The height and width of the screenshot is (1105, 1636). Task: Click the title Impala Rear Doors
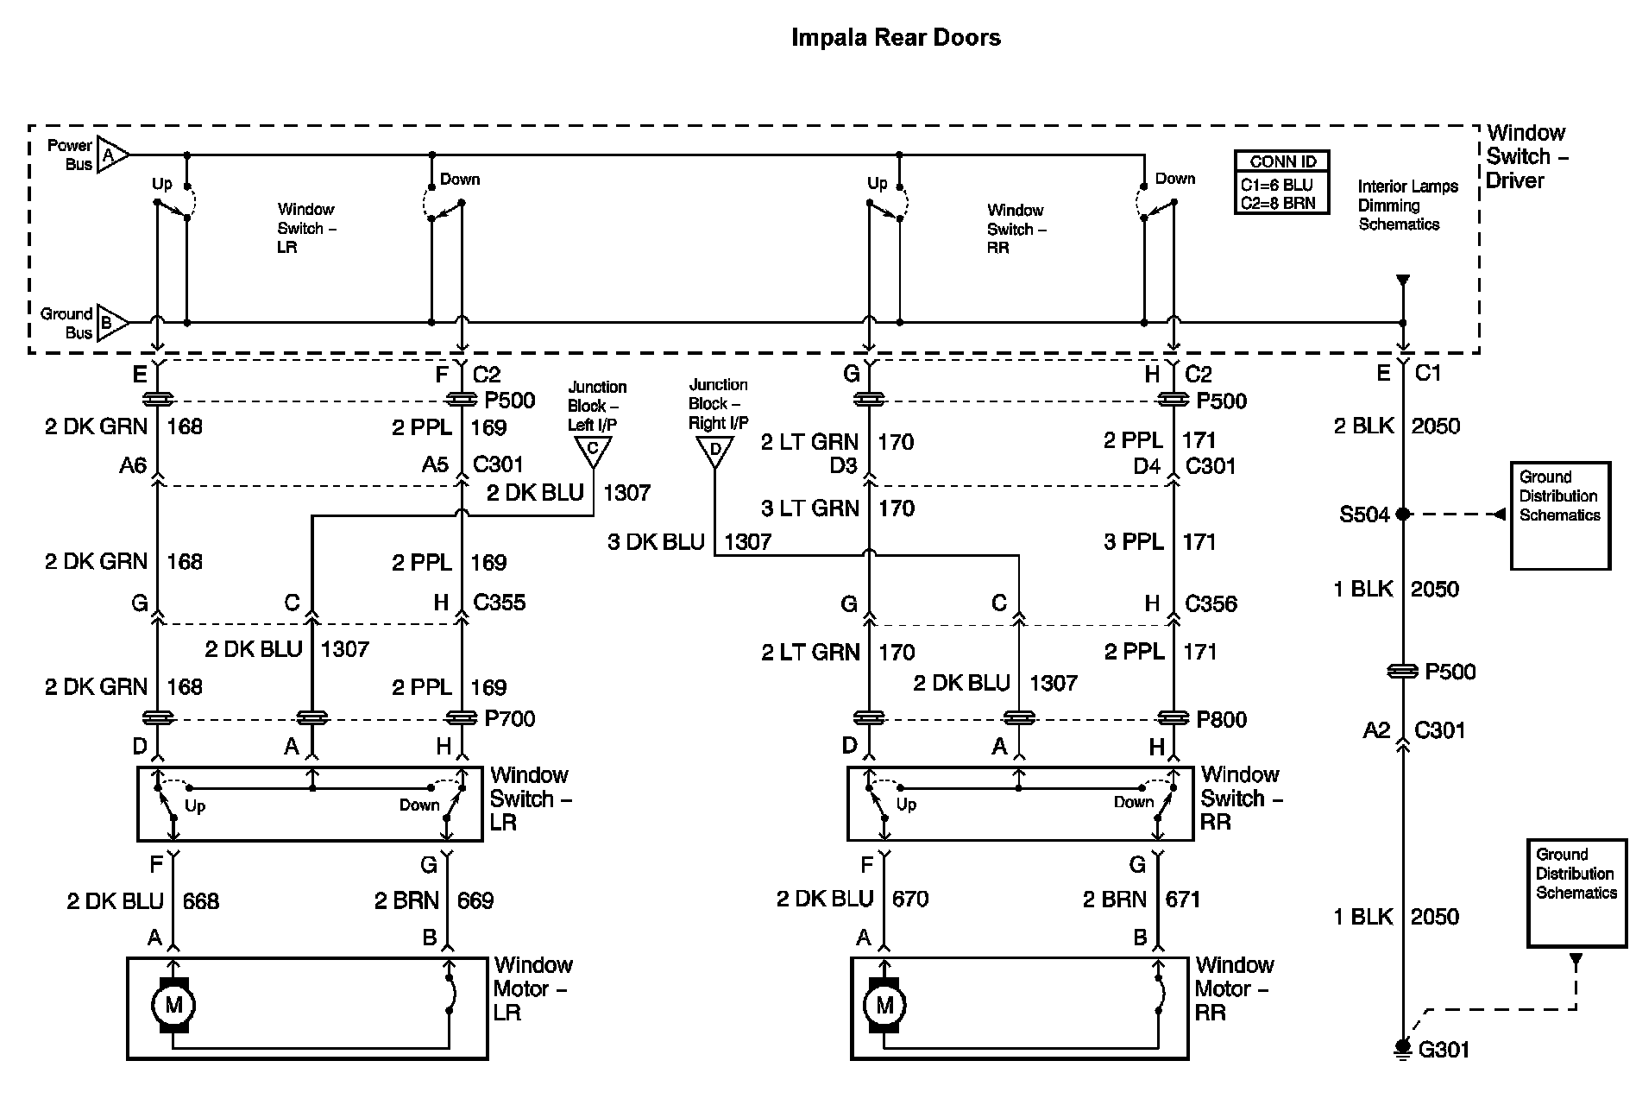(896, 38)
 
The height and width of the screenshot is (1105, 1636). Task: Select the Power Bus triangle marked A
(111, 155)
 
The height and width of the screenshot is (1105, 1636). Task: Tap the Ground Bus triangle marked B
(111, 323)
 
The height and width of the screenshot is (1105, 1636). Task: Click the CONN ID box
(1281, 182)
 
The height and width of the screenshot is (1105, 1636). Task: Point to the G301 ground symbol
(1404, 1047)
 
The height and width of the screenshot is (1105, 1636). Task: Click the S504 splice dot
(1403, 515)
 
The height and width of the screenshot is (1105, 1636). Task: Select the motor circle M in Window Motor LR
(173, 1005)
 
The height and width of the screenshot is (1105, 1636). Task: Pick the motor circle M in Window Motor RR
(884, 1005)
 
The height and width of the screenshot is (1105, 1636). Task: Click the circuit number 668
(201, 901)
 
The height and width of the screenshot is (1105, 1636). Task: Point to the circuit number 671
(1182, 900)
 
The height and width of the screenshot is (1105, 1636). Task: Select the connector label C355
(499, 603)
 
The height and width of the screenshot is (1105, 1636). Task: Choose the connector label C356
(1211, 603)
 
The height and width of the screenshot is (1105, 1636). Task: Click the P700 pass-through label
(510, 718)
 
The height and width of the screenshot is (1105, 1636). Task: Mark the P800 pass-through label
(1221, 719)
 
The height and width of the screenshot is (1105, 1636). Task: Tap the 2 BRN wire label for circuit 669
(406, 901)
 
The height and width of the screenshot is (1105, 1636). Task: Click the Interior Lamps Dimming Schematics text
(1406, 205)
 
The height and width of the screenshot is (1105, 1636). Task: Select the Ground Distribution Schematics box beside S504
(1559, 515)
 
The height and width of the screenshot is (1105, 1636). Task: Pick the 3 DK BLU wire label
(656, 542)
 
